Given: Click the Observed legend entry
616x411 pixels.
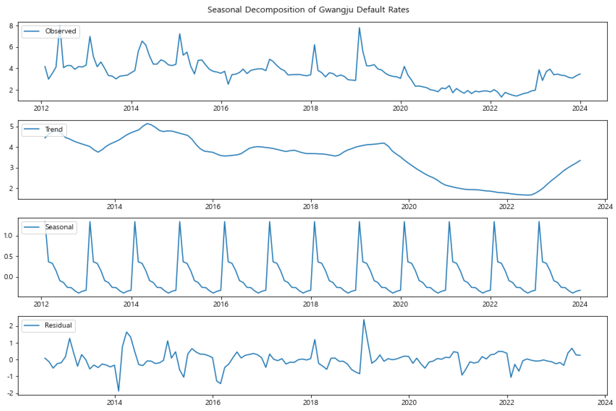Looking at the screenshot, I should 60,31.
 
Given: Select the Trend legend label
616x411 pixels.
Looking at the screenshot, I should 54,130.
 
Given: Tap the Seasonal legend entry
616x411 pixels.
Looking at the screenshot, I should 59,227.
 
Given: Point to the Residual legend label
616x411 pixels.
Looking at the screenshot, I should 58,325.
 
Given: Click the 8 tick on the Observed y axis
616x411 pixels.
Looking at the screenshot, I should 11,26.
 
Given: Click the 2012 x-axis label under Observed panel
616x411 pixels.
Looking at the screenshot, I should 41,108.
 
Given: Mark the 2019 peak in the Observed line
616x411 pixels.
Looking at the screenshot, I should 359,28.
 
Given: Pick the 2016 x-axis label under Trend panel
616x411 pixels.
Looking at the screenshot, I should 213,207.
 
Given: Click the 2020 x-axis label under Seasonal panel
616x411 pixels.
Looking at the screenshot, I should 400,304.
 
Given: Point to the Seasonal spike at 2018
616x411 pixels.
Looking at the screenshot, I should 314,222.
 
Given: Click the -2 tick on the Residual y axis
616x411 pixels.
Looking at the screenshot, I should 10,393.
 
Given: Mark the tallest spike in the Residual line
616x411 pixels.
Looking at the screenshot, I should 364,319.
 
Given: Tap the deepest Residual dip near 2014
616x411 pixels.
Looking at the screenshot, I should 119,391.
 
